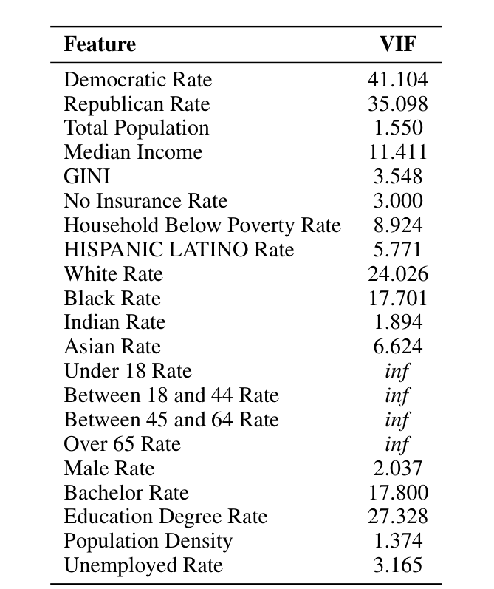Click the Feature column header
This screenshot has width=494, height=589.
(x=100, y=44)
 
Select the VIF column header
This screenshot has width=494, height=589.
(x=397, y=44)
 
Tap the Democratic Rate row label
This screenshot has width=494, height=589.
(x=137, y=80)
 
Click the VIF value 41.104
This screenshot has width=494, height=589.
(x=397, y=80)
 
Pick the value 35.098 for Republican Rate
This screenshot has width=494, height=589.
(x=397, y=104)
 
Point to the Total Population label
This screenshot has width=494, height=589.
(x=136, y=128)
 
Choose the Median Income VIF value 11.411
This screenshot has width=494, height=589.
(x=397, y=152)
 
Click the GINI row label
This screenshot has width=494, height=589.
(x=86, y=177)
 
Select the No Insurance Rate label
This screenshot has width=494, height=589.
(x=145, y=201)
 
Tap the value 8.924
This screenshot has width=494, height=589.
(x=397, y=225)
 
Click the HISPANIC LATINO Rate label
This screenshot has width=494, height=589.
(x=179, y=250)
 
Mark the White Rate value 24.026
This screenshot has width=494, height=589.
(x=397, y=274)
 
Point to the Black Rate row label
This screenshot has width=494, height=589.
(x=112, y=299)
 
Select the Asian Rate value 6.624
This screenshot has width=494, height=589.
(x=397, y=347)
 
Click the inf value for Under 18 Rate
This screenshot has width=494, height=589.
(x=397, y=371)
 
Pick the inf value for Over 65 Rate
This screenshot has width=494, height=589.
(x=397, y=444)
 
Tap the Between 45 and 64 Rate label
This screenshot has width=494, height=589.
(x=171, y=420)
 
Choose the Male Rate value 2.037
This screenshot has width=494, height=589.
(x=397, y=469)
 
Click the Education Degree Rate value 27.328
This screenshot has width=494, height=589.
(x=397, y=517)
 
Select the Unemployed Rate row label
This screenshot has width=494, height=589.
(x=143, y=566)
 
